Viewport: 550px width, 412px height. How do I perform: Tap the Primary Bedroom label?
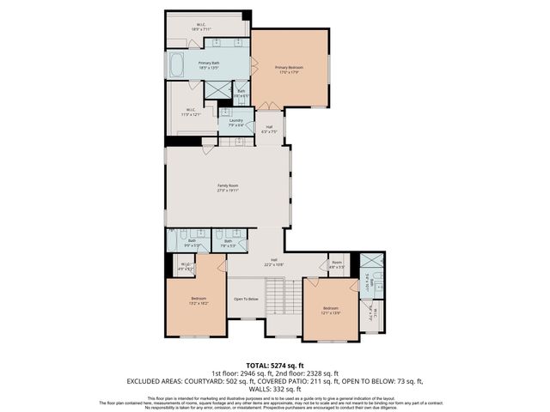coord(289,70)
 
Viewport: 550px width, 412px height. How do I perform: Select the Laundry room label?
coord(235,123)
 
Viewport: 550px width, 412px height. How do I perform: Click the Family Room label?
coord(228,187)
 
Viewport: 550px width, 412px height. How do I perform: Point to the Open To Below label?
coord(247,299)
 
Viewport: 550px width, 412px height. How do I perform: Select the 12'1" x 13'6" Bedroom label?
coord(331,310)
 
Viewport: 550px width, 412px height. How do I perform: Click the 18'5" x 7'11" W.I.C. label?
coord(200,27)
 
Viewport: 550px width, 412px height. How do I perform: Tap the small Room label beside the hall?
coord(337,264)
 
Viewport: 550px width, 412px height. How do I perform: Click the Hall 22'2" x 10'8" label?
coord(274,261)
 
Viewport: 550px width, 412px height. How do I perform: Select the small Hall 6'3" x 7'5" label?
coord(269,130)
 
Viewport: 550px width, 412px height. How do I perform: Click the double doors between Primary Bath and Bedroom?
coord(253,64)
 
